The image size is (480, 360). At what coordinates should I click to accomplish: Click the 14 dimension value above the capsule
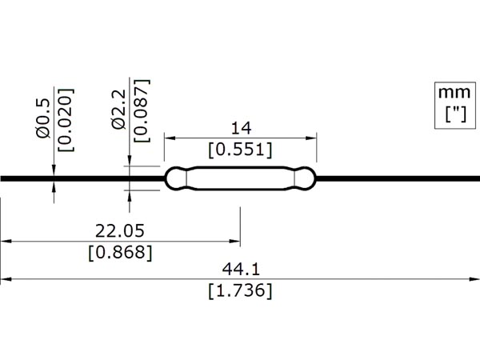pos(242,128)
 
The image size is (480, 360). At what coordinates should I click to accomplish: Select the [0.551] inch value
pos(240,150)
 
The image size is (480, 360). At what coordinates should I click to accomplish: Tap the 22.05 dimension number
pos(120,231)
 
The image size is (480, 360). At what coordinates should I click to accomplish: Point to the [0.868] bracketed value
pos(120,253)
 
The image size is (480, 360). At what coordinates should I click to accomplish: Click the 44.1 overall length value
pos(241,270)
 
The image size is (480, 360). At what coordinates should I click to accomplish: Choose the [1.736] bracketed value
pos(240,290)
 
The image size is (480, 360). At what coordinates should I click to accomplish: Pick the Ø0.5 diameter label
pos(42,118)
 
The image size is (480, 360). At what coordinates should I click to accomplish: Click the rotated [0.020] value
pos(66,120)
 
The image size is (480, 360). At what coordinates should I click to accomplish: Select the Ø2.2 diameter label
pos(118,110)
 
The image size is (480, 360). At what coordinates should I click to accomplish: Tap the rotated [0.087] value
pos(142,110)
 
